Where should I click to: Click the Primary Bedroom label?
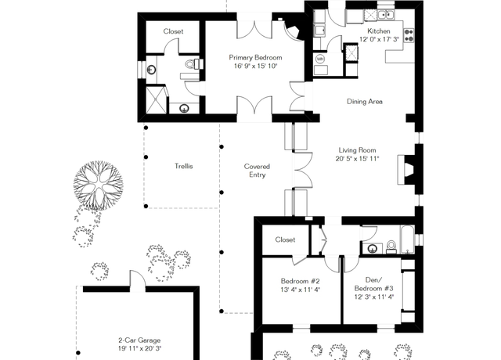tap(255, 58)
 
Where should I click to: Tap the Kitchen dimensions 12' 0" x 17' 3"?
tap(379, 39)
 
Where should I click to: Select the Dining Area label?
tap(365, 102)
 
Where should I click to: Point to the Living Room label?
tap(357, 150)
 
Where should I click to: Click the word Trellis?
tap(184, 166)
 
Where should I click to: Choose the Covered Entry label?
tap(257, 171)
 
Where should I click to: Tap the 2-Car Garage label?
tap(139, 340)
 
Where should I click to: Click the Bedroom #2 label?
tap(300, 281)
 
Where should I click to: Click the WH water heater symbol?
tap(320, 59)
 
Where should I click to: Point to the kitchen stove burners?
tap(409, 35)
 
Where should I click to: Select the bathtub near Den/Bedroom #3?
tap(407, 239)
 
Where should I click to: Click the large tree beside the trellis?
tap(98, 185)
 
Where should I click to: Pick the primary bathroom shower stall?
tap(157, 99)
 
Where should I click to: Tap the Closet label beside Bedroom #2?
tap(285, 239)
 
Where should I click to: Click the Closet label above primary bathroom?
tap(173, 31)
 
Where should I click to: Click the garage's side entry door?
tap(138, 281)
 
